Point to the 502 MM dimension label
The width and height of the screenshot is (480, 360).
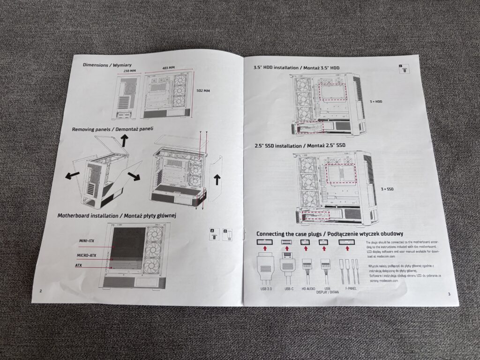pos(203,91)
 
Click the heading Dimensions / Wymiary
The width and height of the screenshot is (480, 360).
pos(107,65)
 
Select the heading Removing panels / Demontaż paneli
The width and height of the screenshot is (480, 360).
pos(112,128)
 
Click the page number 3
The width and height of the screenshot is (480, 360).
pos(449,294)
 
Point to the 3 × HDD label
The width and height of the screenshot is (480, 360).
pos(377,100)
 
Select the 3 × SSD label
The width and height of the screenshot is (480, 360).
pos(388,188)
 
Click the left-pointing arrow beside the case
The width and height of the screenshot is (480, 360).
pos(72,175)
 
